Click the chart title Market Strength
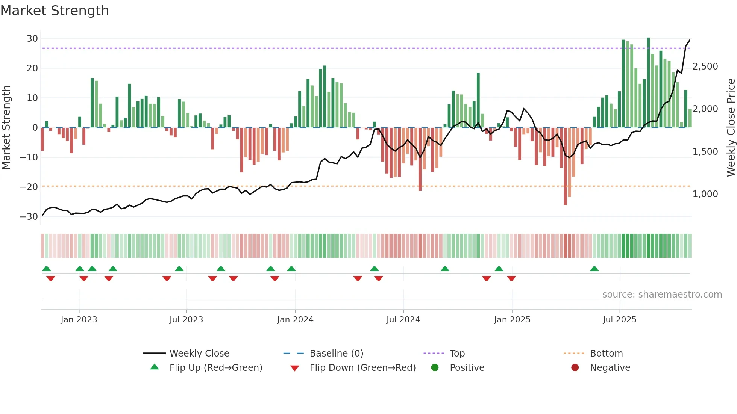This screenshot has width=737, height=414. click(55, 11)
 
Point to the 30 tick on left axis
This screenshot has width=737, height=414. click(32, 39)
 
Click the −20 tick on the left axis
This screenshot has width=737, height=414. click(29, 187)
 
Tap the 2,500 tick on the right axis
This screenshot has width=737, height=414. click(705, 66)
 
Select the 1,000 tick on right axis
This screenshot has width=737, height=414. click(705, 194)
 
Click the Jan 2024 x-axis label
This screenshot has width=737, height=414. click(295, 320)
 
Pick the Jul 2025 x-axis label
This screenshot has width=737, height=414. click(619, 320)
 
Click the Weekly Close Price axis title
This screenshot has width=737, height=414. click(731, 128)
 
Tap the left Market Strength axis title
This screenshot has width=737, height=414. click(6, 128)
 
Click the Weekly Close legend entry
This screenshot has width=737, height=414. click(199, 354)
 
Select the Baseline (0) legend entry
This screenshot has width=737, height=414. click(336, 354)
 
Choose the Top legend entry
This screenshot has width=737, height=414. click(457, 354)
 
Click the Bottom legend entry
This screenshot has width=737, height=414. click(606, 354)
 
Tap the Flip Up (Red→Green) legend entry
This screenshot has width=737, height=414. click(215, 368)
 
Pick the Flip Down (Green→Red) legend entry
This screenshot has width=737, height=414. click(362, 368)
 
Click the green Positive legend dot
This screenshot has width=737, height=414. click(435, 368)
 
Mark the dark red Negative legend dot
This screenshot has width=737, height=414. click(575, 368)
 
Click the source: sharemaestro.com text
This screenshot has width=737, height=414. click(662, 295)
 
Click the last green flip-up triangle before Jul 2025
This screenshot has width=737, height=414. click(594, 269)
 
